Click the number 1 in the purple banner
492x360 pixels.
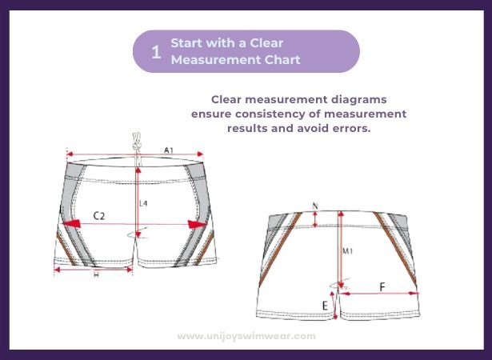[156, 52]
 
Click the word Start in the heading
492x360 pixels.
[185, 43]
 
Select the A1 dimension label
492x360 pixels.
[169, 150]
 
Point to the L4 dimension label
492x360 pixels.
[143, 203]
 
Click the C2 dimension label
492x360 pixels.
[99, 216]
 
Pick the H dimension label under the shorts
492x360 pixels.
[96, 275]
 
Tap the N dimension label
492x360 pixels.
[315, 206]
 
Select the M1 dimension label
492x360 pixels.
[348, 251]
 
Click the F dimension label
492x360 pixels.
[382, 287]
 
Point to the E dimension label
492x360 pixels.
[325, 306]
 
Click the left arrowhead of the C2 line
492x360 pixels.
[71, 224]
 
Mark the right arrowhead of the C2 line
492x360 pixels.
[198, 225]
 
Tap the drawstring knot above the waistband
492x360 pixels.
[137, 146]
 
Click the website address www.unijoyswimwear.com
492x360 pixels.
[246, 336]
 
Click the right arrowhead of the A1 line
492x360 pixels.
[199, 154]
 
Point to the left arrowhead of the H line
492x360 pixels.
[57, 270]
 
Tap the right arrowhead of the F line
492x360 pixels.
[414, 293]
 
